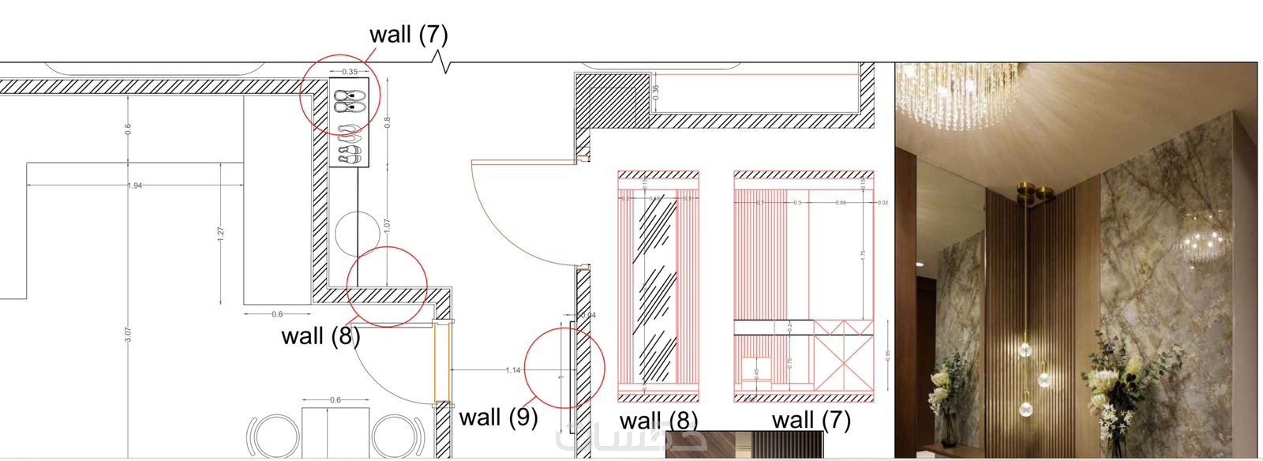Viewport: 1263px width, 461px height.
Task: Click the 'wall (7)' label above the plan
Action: tap(408, 34)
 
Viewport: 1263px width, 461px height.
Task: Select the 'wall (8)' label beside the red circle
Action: tap(320, 335)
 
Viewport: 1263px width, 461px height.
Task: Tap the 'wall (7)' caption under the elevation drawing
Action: tap(811, 420)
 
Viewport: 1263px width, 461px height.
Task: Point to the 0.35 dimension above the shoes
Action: tap(349, 72)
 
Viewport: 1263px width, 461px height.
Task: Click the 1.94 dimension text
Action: tap(134, 186)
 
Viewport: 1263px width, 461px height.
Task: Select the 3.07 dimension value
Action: tap(128, 335)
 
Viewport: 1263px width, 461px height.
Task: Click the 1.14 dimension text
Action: tap(513, 369)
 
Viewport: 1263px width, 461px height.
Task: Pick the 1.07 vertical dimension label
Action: tap(387, 225)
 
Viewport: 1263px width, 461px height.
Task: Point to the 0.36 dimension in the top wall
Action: tap(656, 91)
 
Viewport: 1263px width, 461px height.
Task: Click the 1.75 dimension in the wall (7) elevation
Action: tap(864, 255)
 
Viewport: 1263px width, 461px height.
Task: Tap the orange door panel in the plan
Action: tap(436, 362)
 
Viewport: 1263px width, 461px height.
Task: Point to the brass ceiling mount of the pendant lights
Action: tap(1033, 192)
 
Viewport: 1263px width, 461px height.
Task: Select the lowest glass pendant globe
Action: tap(1025, 409)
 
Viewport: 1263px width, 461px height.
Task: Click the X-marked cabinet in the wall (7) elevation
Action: tap(843, 364)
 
